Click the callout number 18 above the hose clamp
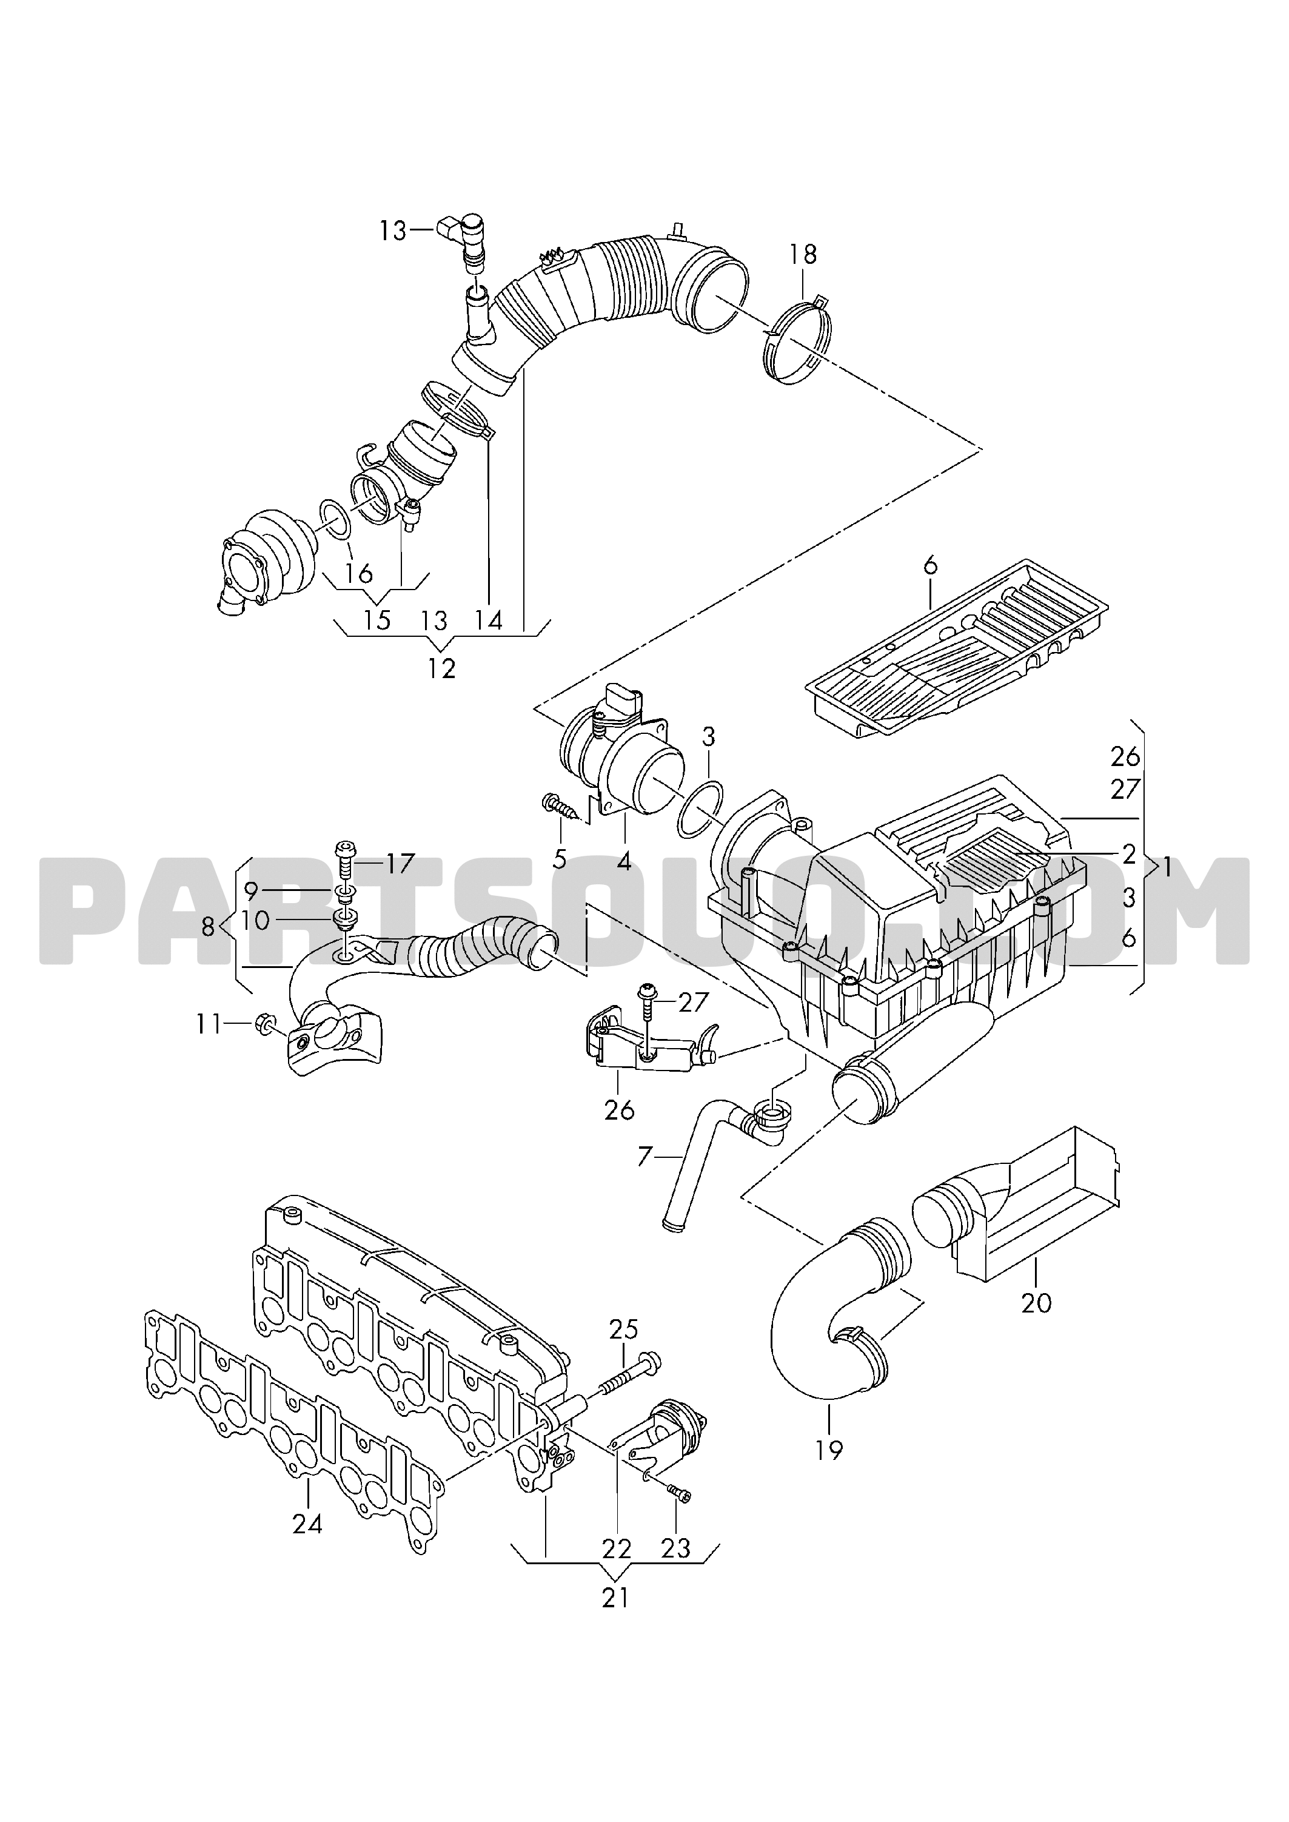(803, 255)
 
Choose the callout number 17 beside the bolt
(401, 863)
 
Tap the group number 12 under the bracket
(442, 668)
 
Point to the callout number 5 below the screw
(560, 859)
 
